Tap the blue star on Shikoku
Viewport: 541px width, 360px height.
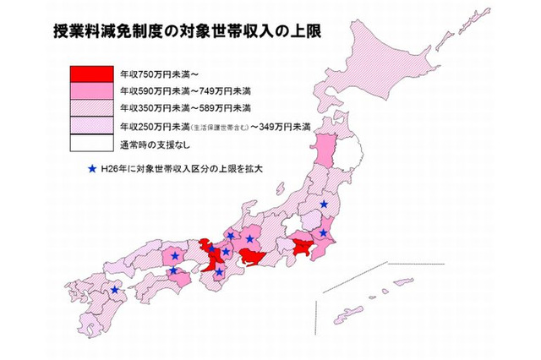pyautogui.click(x=174, y=271)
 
